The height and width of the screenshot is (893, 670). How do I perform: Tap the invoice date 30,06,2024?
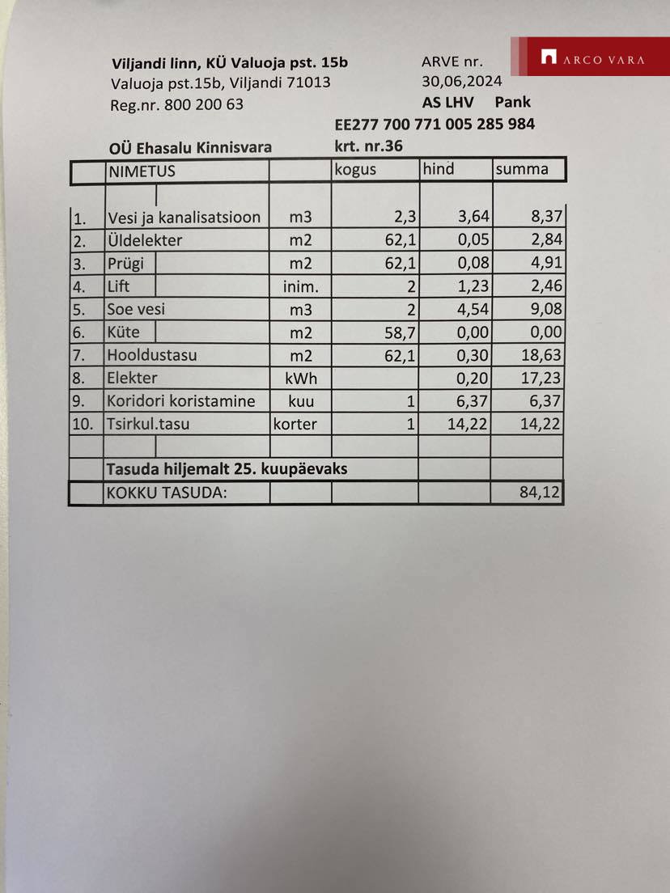pyautogui.click(x=461, y=81)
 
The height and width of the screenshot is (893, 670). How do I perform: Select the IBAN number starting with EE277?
pyautogui.click(x=435, y=125)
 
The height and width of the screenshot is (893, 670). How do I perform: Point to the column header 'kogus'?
pyautogui.click(x=355, y=170)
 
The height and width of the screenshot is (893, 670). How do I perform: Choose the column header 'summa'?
pyautogui.click(x=522, y=169)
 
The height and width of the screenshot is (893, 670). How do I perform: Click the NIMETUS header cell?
pyautogui.click(x=142, y=171)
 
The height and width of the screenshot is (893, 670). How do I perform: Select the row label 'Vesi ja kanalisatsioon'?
pyautogui.click(x=184, y=218)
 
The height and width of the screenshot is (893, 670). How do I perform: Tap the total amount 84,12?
pyautogui.click(x=541, y=492)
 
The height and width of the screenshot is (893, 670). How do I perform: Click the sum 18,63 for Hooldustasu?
pyautogui.click(x=541, y=355)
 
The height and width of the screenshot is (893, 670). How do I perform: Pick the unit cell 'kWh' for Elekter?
pyautogui.click(x=300, y=379)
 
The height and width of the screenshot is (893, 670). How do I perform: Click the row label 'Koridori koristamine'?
pyautogui.click(x=181, y=401)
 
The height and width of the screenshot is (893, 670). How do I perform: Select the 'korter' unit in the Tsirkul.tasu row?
pyautogui.click(x=295, y=424)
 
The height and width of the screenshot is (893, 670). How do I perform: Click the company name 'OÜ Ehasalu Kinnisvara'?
pyautogui.click(x=190, y=147)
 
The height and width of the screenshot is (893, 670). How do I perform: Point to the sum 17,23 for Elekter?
pyautogui.click(x=541, y=378)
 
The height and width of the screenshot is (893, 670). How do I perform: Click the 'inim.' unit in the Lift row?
pyautogui.click(x=300, y=287)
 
